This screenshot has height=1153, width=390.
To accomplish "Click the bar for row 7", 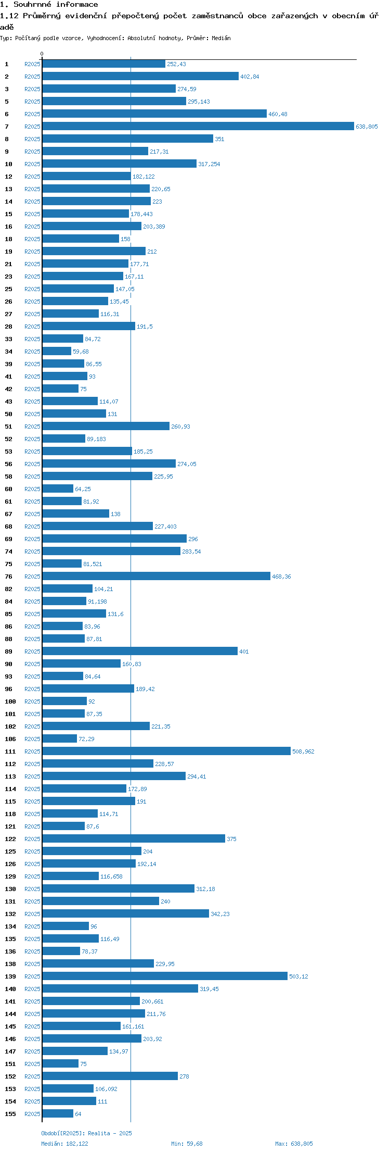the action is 198,127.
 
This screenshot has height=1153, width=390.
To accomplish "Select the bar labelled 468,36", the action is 157,576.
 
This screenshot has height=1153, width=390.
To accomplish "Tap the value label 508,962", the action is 303,751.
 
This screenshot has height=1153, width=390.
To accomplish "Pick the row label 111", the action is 10,751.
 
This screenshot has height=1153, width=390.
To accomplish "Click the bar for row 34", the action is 57,352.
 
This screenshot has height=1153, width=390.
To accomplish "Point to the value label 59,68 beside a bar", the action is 81,352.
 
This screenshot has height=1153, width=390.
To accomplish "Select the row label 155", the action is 10,1114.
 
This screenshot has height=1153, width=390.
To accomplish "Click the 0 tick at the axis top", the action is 42,54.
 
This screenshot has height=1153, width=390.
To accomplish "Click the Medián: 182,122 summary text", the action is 64,1144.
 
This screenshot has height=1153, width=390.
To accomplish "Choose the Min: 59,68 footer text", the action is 187,1144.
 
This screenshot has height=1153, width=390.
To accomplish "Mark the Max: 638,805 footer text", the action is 294,1144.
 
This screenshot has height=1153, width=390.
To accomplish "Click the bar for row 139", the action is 165,976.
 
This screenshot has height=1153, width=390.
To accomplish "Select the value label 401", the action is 244,651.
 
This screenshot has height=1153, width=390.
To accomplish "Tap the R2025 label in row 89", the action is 32,651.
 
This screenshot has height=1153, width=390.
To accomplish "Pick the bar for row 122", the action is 134,839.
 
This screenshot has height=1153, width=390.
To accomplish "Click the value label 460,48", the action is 278,114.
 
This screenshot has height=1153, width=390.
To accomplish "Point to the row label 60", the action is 8,489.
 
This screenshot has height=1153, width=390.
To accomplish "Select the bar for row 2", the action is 140,77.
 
